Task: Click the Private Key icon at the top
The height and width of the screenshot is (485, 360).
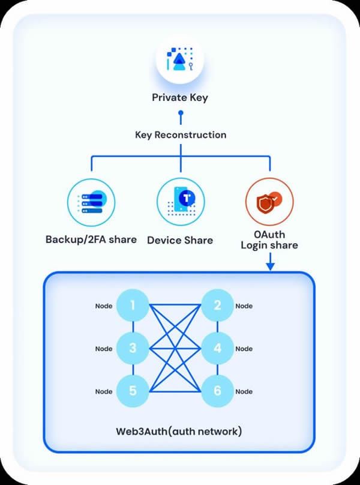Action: click(180, 59)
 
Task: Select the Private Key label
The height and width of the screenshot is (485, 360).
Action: click(180, 98)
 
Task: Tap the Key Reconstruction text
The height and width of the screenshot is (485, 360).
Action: click(181, 135)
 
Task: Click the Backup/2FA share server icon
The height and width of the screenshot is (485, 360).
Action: click(91, 203)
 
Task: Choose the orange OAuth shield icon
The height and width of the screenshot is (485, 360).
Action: click(269, 202)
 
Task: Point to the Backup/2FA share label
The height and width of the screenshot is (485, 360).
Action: click(91, 239)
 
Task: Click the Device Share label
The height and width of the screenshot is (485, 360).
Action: click(181, 240)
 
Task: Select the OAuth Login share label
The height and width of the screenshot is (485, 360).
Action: click(269, 240)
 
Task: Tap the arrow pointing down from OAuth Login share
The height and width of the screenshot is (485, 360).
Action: click(271, 262)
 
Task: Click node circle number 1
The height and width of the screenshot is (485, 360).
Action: click(133, 306)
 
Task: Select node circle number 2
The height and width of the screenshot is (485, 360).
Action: click(217, 306)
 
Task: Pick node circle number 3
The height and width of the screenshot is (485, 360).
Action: click(133, 348)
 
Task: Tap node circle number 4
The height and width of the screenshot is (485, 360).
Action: click(217, 348)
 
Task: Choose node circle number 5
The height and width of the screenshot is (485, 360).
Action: click(133, 391)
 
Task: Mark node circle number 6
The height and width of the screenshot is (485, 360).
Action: click(217, 391)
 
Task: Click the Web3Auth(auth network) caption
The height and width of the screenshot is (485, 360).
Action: click(179, 432)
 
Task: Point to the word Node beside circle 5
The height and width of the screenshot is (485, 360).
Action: click(104, 391)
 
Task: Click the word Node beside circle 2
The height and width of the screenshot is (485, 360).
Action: click(244, 306)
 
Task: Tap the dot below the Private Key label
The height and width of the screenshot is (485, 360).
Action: click(181, 113)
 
